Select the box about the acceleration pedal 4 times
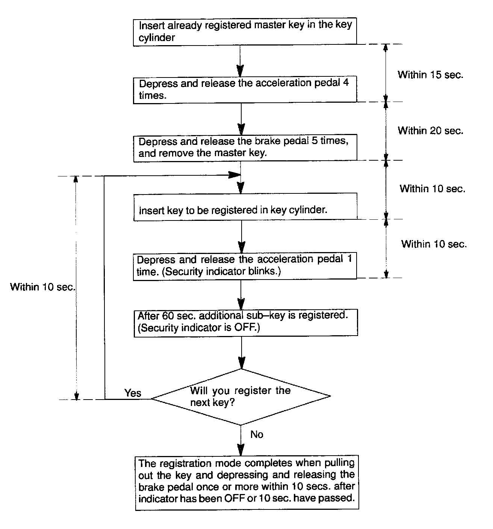[245, 89]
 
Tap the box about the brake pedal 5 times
[245, 148]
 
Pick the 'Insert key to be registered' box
[245, 207]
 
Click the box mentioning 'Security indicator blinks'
[245, 266]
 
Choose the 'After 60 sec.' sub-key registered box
[245, 322]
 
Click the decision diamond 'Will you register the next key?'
[240, 397]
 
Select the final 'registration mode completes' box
[247, 483]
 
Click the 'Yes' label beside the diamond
[133, 393]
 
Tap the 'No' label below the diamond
[257, 435]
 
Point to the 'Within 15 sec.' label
[431, 74]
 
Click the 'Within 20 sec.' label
[431, 131]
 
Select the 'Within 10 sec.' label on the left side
[43, 287]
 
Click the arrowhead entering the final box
[241, 450]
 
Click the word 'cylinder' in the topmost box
[157, 38]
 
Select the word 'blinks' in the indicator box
[265, 271]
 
